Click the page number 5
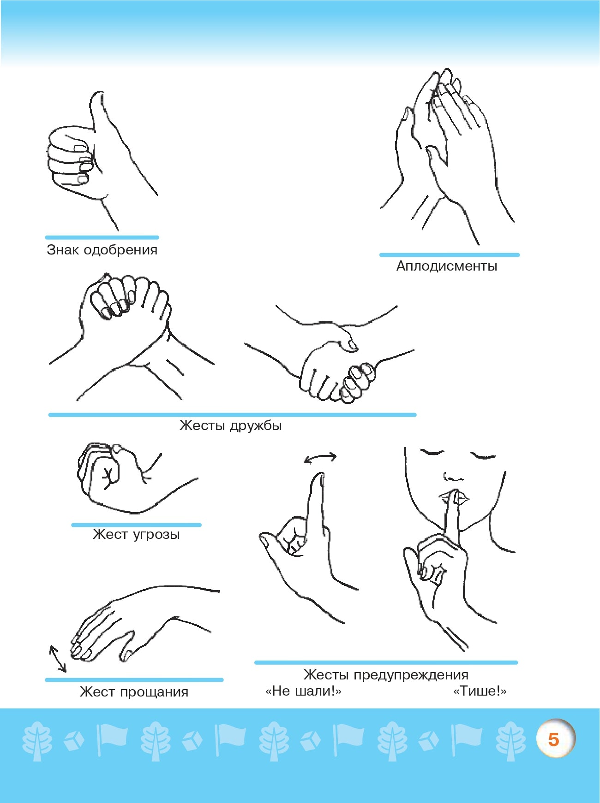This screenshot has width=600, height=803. (x=553, y=739)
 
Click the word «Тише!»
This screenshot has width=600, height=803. (x=480, y=691)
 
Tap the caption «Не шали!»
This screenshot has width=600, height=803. (x=303, y=691)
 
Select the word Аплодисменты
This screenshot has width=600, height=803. (x=447, y=266)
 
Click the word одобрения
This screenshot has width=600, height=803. (x=120, y=250)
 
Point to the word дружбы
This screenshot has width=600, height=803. (x=256, y=425)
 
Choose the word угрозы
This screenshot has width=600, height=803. (x=156, y=535)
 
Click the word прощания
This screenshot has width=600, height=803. (x=154, y=692)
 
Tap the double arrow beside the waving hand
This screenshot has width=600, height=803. (x=58, y=659)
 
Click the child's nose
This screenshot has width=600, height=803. (x=453, y=477)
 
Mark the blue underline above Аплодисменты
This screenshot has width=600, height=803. (x=450, y=254)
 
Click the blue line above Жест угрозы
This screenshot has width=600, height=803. (x=136, y=525)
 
